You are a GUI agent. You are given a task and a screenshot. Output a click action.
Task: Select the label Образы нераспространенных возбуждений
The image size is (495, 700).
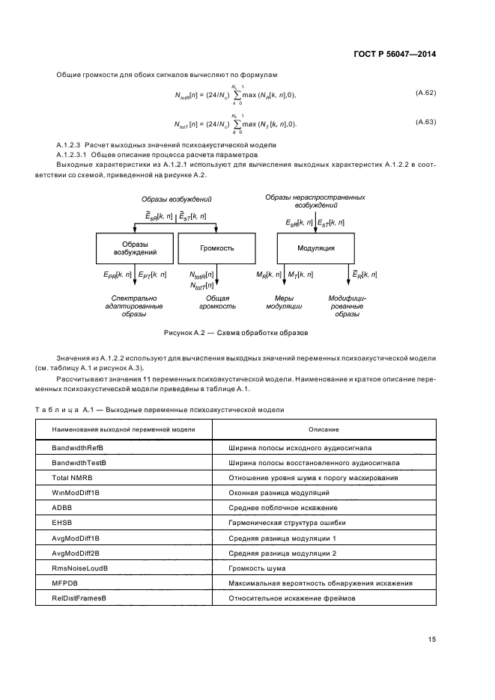[x=315, y=200]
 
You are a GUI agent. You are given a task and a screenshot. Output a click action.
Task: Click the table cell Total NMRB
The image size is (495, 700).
[x=70, y=477]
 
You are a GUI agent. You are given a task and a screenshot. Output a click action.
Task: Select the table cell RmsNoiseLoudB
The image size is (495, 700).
[x=79, y=568]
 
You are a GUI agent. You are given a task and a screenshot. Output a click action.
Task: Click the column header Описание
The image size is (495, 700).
[x=324, y=429]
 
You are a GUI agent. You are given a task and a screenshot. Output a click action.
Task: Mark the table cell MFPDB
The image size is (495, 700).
[x=64, y=583]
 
